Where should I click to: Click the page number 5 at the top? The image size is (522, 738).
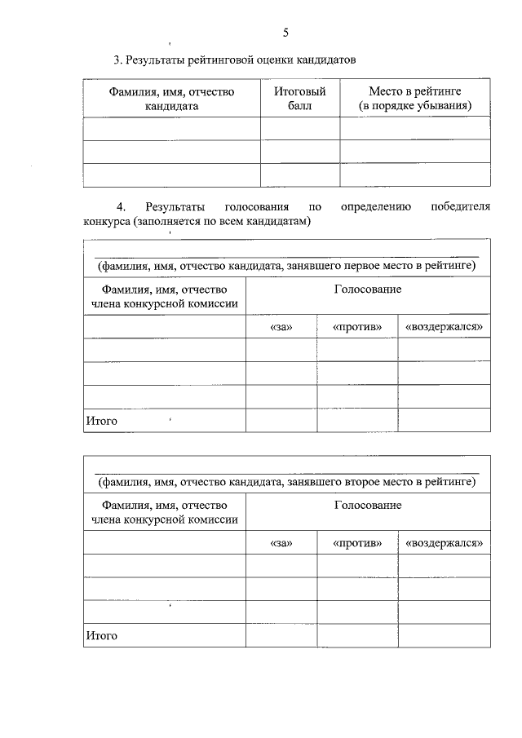[285, 33]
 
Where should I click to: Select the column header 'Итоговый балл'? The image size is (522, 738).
[299, 99]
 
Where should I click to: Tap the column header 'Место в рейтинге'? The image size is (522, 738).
[415, 92]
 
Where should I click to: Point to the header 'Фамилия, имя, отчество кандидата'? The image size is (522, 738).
[172, 99]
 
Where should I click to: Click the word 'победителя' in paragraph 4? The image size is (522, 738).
[460, 206]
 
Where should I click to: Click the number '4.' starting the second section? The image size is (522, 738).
[123, 206]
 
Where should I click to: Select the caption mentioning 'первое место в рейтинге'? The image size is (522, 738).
[286, 266]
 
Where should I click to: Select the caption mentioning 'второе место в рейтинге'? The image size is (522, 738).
[286, 482]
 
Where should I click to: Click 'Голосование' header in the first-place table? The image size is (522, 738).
[367, 289]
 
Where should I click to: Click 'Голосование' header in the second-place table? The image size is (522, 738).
[367, 506]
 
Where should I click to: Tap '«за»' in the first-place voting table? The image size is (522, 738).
[281, 327]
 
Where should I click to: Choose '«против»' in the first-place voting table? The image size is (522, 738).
[357, 327]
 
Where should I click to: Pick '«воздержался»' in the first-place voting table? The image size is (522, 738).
[445, 327]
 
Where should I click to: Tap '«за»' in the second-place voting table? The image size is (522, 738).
[281, 543]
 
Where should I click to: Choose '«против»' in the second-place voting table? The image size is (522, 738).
[357, 543]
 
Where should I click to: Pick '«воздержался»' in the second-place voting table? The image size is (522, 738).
[445, 543]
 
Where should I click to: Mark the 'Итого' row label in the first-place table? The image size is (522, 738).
[102, 421]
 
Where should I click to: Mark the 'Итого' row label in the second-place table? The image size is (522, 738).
[102, 635]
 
